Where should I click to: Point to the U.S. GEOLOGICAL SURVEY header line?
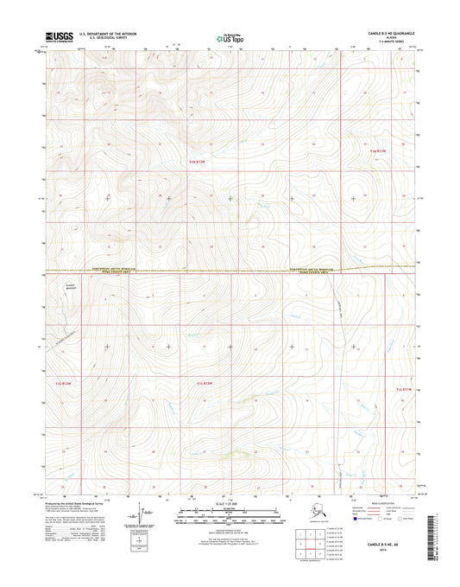coord(102,39)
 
